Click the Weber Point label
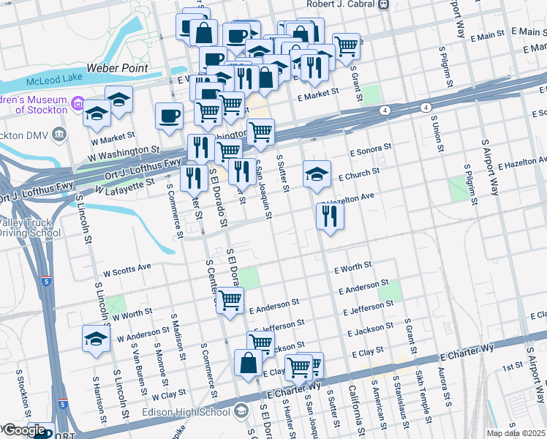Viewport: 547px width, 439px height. point(117,68)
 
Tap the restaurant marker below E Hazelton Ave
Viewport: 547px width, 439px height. point(330,216)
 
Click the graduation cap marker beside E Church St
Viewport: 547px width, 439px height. point(317,174)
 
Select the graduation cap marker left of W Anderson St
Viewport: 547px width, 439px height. point(95,339)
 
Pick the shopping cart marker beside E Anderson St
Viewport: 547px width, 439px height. point(230,299)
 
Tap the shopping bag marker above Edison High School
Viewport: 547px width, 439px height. point(248,363)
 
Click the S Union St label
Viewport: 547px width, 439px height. point(440,132)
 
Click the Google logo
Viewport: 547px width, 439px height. point(25,430)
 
